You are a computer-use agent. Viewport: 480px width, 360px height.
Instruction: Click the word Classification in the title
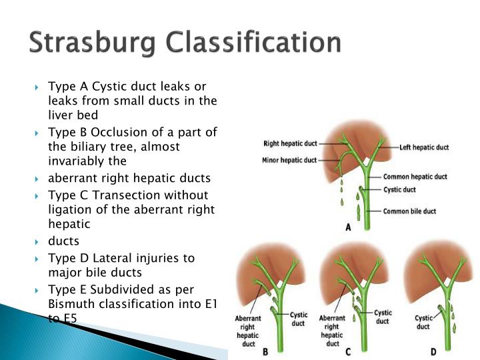(x=254, y=43)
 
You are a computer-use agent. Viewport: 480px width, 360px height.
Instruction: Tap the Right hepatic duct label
(x=291, y=143)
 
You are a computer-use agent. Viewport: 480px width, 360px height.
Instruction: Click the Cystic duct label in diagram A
(x=400, y=189)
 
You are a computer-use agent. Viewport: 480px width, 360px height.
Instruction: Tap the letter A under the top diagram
(x=348, y=227)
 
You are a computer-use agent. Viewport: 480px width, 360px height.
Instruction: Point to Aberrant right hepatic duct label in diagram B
(x=247, y=331)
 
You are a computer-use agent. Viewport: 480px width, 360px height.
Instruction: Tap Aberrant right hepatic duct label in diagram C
(x=332, y=331)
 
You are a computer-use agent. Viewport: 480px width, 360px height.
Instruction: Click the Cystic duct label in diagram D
(x=423, y=323)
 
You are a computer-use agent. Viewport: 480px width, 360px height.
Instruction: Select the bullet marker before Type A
(x=38, y=87)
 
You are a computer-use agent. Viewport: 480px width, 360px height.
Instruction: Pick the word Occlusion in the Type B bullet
(x=117, y=132)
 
